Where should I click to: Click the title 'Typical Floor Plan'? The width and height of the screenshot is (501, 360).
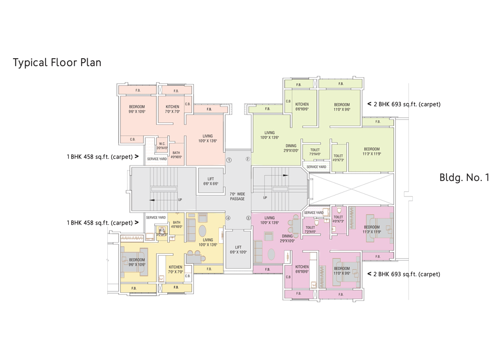[57, 63]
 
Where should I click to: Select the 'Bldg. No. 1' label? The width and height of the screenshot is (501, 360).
[464, 177]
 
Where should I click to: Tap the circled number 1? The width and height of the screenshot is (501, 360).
[229, 160]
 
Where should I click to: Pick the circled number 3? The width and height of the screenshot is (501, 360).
[248, 218]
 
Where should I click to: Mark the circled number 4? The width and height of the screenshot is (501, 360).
[228, 218]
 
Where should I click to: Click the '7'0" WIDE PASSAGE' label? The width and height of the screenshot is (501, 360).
[237, 196]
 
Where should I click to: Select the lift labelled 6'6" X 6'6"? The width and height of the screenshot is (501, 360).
[210, 181]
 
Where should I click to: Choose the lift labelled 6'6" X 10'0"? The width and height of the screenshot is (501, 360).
[238, 250]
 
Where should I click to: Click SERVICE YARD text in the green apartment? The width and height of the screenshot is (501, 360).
[316, 167]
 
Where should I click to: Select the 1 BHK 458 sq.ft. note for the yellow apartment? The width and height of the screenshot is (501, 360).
[100, 223]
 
